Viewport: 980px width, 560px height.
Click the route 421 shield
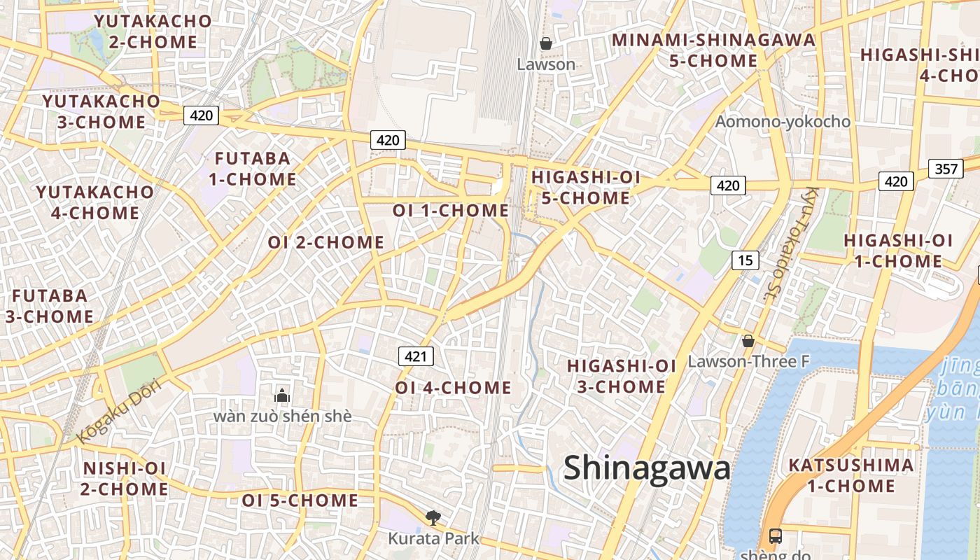[x=416, y=356]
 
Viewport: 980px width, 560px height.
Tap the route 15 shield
[x=745, y=260]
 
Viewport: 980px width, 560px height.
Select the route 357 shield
[x=946, y=169]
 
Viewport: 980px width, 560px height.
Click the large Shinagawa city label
[x=647, y=468]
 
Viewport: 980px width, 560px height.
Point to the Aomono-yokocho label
[x=783, y=122]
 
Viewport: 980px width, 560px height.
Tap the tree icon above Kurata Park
[x=433, y=517]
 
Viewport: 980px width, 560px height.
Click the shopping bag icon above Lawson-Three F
[x=748, y=342]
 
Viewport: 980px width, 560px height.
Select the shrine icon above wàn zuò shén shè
[x=282, y=395]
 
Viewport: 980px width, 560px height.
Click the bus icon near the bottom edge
[x=776, y=536]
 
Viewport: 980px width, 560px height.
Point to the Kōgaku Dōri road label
[x=119, y=412]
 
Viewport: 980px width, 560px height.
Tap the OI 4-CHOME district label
[x=453, y=387]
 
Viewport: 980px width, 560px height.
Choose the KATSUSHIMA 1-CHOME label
[x=850, y=475]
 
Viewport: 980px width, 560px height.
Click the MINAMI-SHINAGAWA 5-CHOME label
[x=713, y=50]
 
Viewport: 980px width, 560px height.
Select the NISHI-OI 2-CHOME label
[x=124, y=478]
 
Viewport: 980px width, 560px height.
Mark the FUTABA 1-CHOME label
[x=252, y=169]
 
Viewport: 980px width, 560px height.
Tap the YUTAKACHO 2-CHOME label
[x=153, y=31]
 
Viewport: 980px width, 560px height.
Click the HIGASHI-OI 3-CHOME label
[x=621, y=376]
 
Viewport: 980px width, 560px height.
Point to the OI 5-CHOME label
[x=300, y=500]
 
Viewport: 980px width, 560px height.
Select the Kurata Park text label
[x=434, y=538]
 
